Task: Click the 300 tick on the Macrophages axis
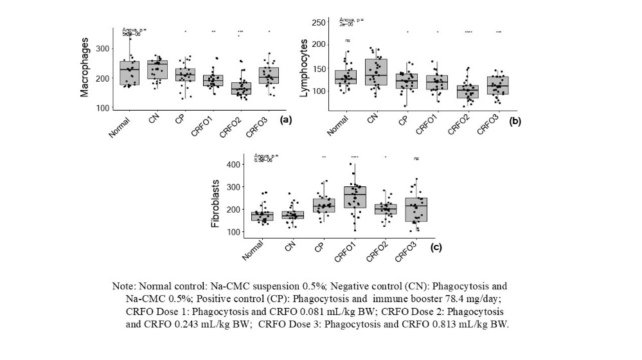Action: coord(102,49)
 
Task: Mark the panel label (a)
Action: coord(287,120)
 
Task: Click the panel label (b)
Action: coord(514,120)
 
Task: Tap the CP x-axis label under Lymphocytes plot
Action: coord(404,122)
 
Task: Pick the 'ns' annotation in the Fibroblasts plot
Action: coord(416,159)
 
